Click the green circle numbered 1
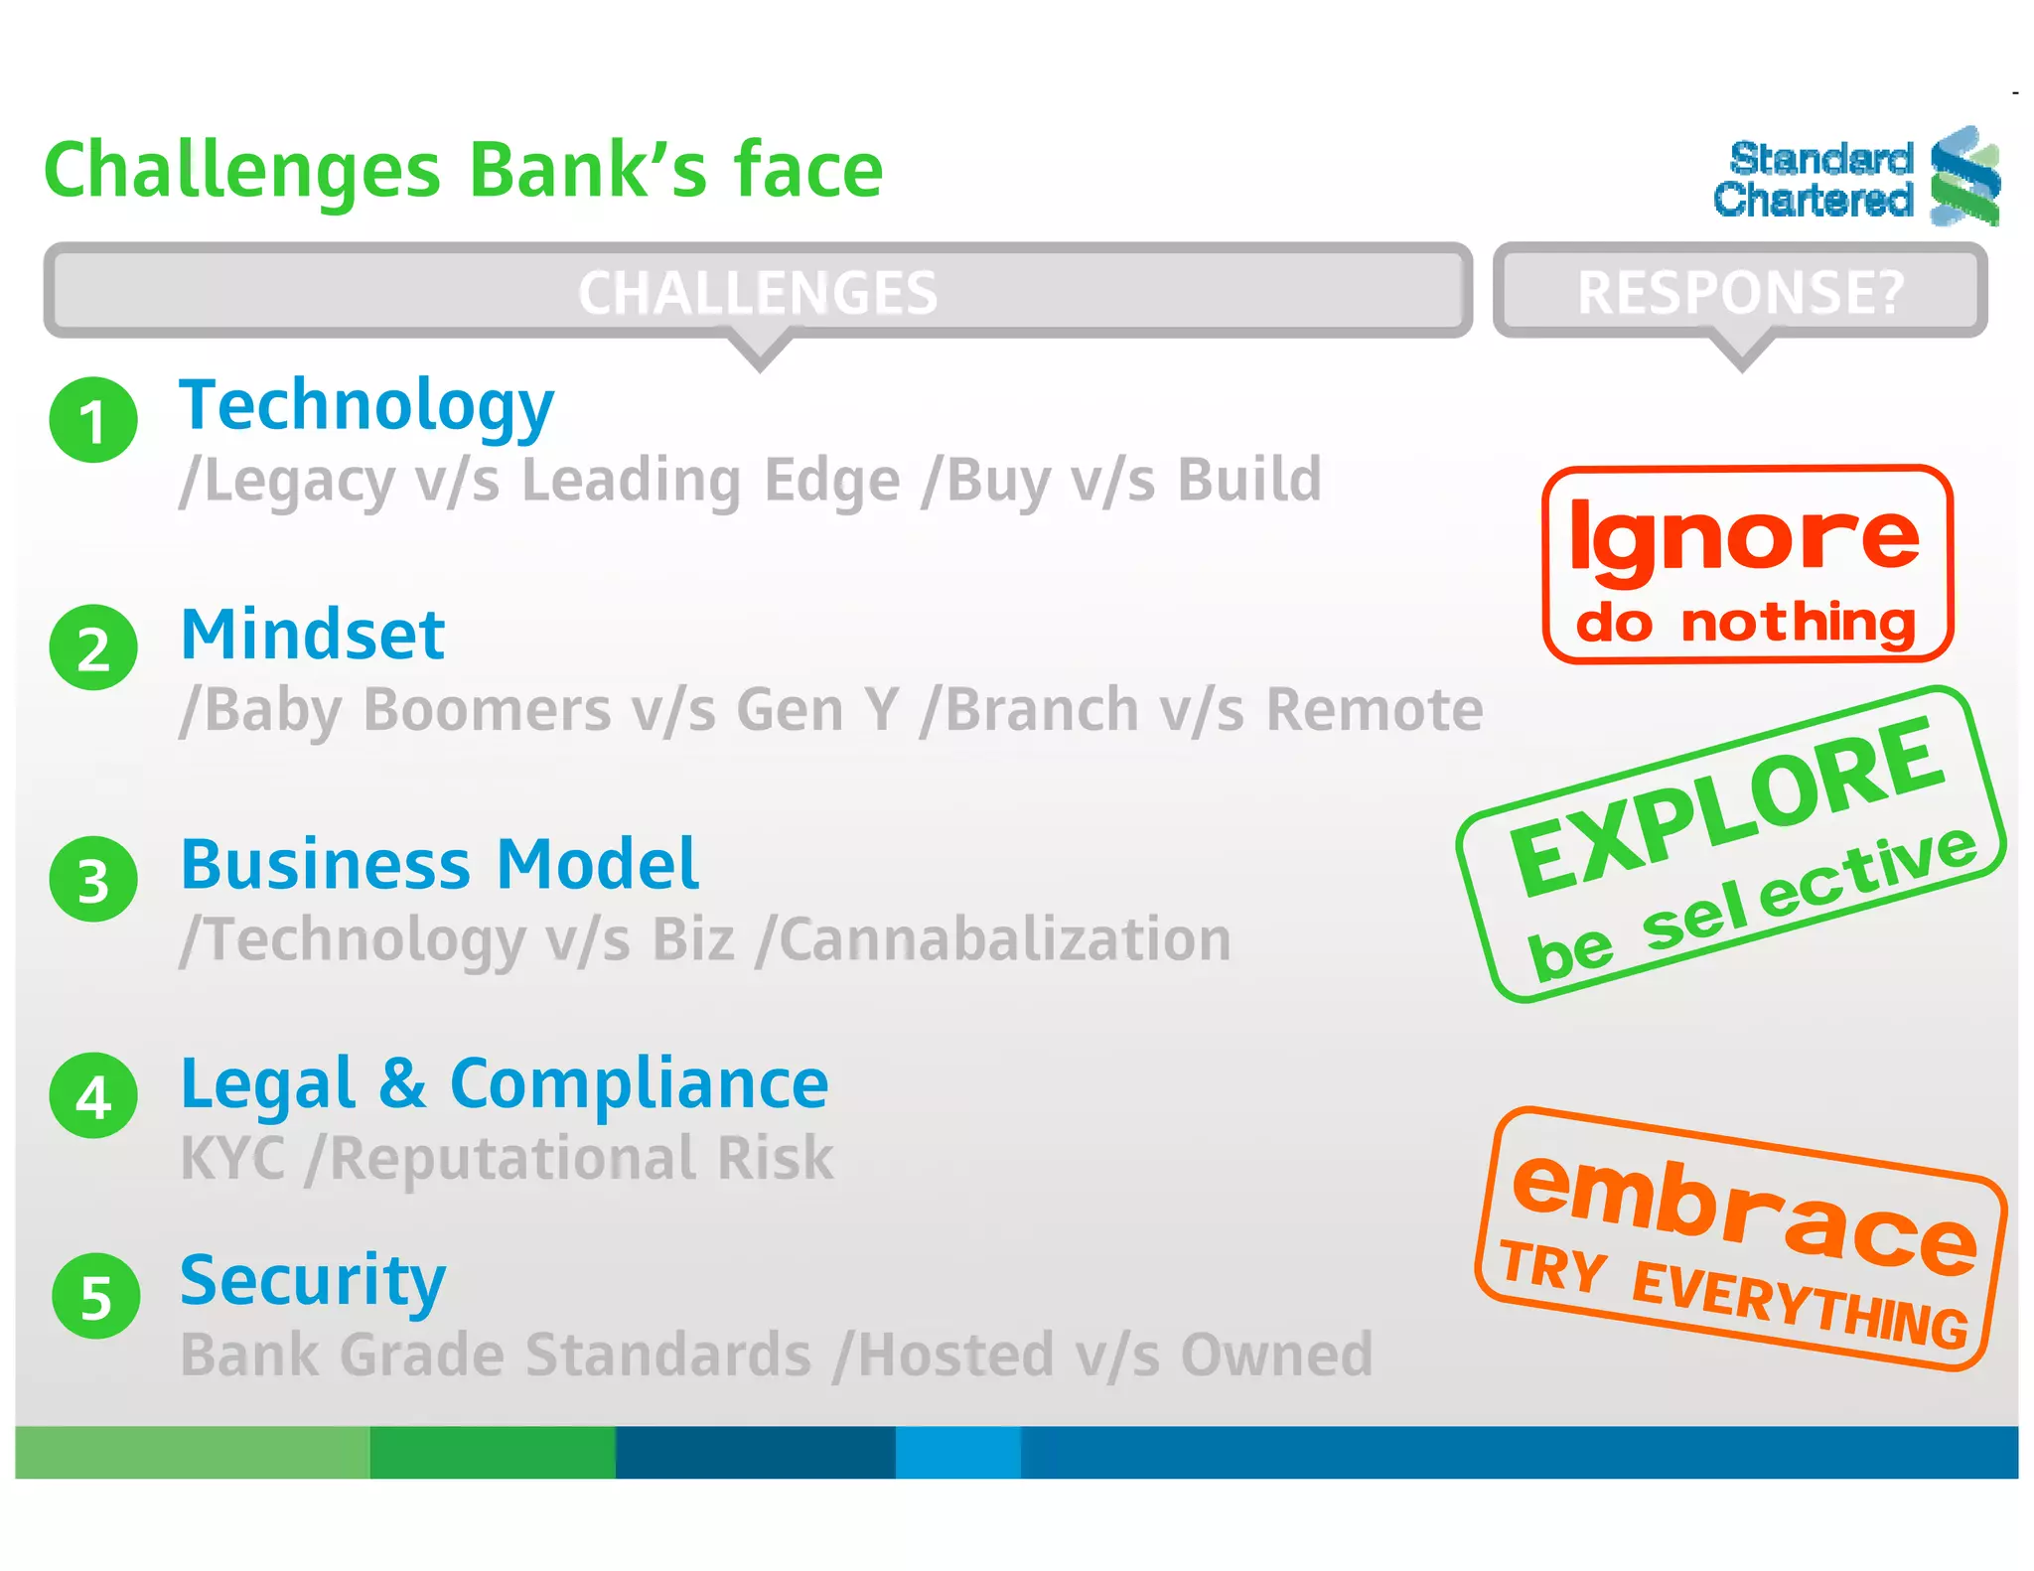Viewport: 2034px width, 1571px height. (93, 420)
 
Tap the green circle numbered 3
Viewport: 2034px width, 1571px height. (93, 880)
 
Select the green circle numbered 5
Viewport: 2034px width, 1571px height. (95, 1297)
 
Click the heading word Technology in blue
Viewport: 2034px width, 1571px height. (365, 407)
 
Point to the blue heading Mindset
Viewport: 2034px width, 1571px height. (313, 636)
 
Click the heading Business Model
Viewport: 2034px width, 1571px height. (439, 865)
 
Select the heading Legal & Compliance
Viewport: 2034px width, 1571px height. (504, 1084)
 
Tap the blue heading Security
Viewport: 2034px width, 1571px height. (313, 1281)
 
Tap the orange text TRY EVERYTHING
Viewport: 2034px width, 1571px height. (1733, 1294)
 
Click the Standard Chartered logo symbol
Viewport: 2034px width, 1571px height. (1963, 177)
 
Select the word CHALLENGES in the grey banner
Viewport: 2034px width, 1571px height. (758, 293)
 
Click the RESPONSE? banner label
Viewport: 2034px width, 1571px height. (1741, 293)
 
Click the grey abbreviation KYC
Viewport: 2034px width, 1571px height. (233, 1159)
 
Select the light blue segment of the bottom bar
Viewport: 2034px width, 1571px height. (957, 1452)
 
